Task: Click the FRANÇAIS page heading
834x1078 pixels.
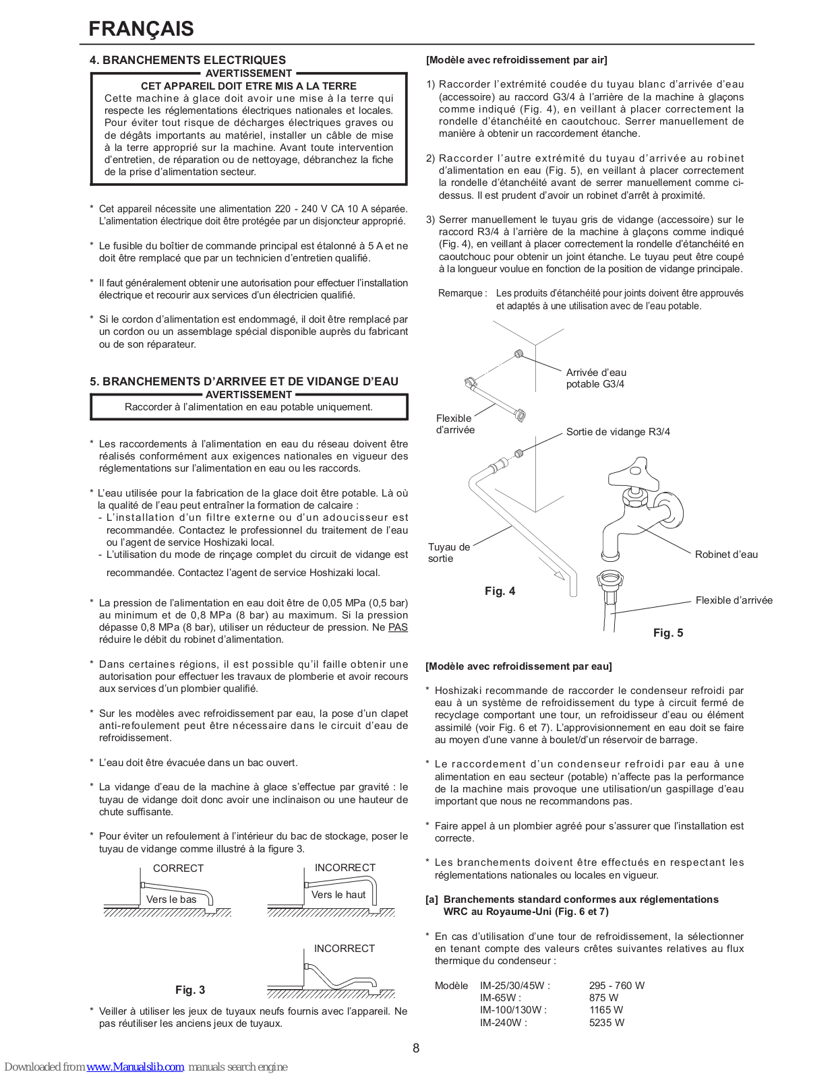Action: coord(141,29)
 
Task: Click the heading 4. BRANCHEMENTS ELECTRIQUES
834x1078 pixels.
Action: coord(187,60)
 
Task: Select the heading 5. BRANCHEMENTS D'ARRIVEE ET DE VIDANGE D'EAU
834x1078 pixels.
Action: coord(243,381)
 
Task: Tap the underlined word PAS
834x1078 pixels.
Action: coord(398,627)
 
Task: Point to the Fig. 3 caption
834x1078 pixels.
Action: coord(190,990)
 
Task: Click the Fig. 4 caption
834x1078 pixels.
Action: coord(500,591)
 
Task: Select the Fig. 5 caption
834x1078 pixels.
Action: coord(668,633)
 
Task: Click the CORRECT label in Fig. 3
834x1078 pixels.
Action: coord(178,868)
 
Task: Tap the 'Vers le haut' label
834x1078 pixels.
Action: coord(338,895)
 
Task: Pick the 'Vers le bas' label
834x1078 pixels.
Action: coord(171,899)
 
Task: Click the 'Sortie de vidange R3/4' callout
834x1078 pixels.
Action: coord(618,432)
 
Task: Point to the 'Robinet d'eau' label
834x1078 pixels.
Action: coord(726,554)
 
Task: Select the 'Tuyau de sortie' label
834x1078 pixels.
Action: coord(448,552)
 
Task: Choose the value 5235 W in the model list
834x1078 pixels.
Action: coord(606,1023)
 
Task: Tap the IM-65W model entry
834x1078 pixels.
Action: coord(500,998)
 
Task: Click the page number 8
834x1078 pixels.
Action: coord(416,1048)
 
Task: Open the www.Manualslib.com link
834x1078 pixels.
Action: coord(135,1067)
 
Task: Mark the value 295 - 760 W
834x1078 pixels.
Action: coord(616,986)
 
